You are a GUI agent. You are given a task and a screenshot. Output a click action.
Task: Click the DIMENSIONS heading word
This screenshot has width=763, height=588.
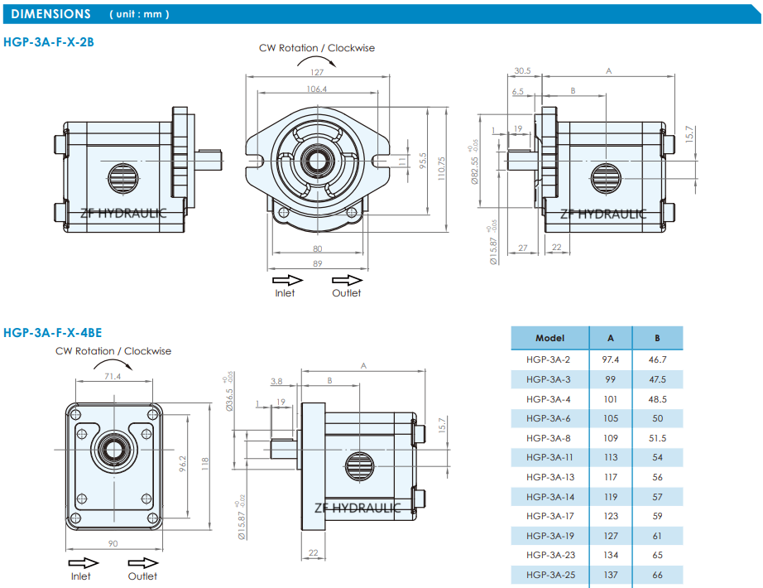(x=51, y=14)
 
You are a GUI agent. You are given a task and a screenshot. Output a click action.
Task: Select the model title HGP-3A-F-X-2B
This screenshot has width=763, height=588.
(x=49, y=41)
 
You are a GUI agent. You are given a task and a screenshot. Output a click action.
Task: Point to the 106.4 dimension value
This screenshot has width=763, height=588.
(x=317, y=89)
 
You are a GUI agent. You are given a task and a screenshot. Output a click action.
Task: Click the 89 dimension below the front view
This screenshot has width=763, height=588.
(x=317, y=263)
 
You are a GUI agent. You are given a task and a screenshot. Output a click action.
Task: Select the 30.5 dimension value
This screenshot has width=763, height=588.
(x=522, y=71)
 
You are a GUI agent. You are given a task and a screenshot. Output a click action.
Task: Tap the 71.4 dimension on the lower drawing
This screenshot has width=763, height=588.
(x=113, y=376)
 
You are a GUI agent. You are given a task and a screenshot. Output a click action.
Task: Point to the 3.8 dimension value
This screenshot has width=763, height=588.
(x=277, y=381)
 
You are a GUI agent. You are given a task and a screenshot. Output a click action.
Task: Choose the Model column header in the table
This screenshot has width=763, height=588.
(x=549, y=338)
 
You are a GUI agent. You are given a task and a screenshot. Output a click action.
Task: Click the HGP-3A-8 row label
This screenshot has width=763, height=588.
(x=549, y=437)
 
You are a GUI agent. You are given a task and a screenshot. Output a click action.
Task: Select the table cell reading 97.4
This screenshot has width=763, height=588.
(x=611, y=359)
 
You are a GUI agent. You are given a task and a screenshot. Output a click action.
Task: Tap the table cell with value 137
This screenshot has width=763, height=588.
(x=611, y=574)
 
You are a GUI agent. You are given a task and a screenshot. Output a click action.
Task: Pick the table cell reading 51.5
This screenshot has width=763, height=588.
(x=658, y=437)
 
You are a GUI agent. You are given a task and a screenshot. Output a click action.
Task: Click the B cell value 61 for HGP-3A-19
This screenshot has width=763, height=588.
(x=658, y=535)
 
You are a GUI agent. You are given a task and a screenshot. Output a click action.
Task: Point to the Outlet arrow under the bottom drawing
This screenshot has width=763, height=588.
(x=142, y=563)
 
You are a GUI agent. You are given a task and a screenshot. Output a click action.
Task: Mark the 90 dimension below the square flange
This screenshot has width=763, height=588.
(x=113, y=543)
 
